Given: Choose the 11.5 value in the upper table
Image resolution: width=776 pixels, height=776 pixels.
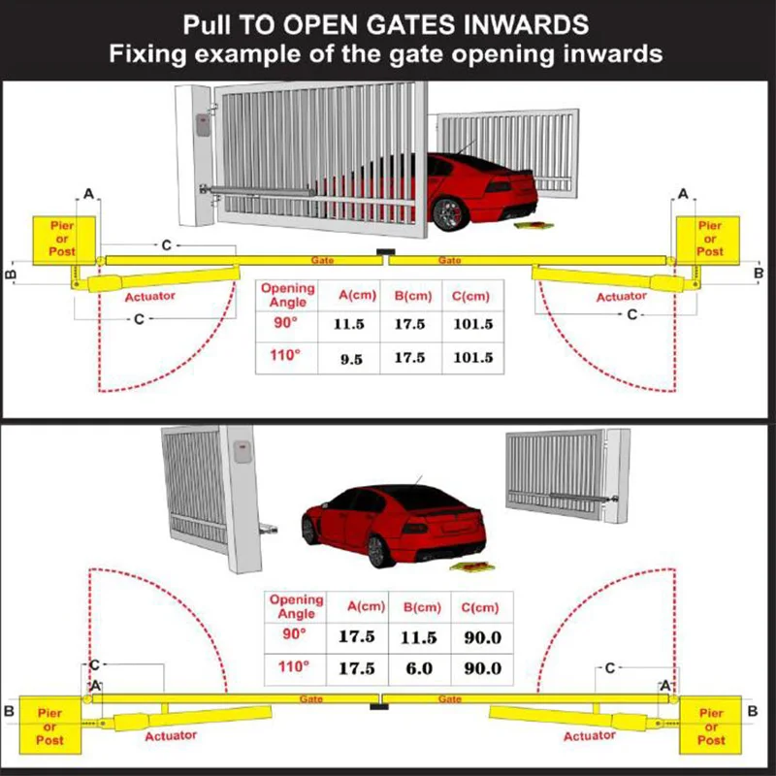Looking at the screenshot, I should [x=348, y=324].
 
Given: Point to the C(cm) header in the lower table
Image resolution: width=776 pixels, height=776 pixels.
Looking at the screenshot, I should [x=480, y=607].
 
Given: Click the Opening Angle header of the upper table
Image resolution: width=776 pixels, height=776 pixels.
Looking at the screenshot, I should [x=288, y=295].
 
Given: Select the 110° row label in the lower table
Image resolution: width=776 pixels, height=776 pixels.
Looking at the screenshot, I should [x=294, y=667].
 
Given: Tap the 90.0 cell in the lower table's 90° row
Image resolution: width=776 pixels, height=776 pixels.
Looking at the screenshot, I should [x=481, y=637].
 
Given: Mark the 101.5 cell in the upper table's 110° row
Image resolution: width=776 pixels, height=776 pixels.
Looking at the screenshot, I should [x=472, y=358].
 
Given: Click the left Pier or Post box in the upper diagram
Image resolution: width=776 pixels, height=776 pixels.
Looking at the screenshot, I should [x=62, y=239].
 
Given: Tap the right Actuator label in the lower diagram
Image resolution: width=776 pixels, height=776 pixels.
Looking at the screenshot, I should [x=590, y=736].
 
